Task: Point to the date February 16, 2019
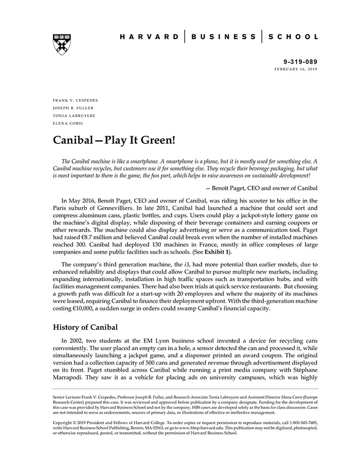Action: [296, 68]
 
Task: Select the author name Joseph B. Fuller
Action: [74, 108]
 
